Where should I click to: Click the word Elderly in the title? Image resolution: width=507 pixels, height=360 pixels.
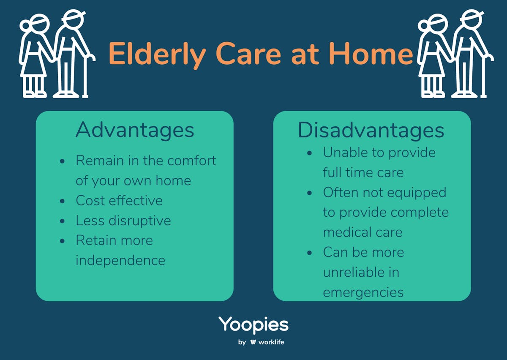coord(157,55)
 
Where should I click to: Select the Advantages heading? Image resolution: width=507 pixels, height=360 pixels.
coord(135,130)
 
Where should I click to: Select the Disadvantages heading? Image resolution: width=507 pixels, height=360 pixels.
coord(371,130)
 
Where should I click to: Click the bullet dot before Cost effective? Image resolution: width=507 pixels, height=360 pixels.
coord(62,201)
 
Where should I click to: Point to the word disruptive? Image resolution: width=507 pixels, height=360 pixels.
coord(140,221)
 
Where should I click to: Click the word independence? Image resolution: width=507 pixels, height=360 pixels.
coord(120,260)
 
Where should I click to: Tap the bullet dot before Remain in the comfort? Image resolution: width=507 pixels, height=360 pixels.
coord(62,161)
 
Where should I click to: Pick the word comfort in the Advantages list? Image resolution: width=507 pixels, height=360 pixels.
coord(192,161)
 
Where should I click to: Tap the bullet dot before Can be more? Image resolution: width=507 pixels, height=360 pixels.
coord(309,253)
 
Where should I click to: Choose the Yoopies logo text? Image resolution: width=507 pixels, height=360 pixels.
coord(253,325)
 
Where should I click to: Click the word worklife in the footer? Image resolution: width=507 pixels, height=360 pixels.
coord(271,342)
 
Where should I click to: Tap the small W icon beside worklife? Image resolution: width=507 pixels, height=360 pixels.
coord(253,342)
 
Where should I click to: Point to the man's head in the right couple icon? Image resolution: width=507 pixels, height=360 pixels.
coord(472,19)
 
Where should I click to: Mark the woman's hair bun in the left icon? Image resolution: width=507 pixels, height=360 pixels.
coord(24,25)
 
